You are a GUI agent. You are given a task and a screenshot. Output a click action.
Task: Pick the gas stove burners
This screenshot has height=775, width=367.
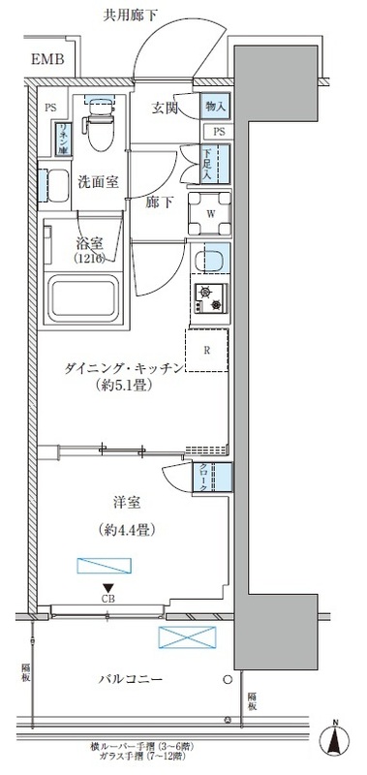(x=209, y=299)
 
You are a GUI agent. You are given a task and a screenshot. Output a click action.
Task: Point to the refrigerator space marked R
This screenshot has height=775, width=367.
(x=208, y=352)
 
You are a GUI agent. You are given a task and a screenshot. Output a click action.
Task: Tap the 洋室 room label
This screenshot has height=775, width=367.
(x=128, y=503)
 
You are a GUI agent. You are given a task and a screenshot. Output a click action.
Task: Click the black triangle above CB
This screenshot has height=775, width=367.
(x=108, y=587)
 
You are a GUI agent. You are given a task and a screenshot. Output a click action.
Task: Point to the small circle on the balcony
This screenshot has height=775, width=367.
(x=228, y=679)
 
